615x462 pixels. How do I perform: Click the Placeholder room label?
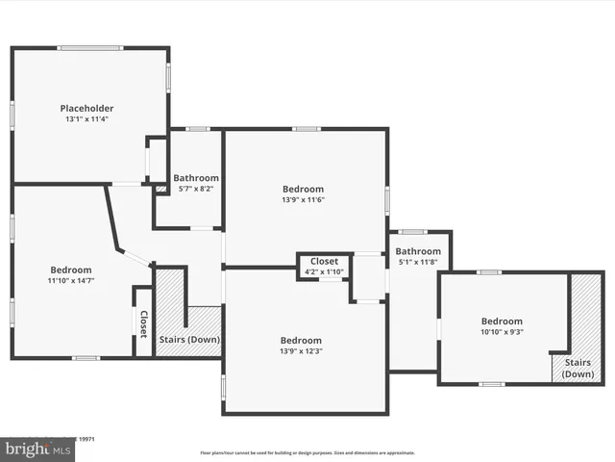87,108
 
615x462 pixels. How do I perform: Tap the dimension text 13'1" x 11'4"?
87,120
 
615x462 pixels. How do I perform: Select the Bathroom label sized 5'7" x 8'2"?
196,178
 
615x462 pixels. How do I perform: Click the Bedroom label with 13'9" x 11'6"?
303,189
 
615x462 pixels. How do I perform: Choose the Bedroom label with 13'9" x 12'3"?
301,340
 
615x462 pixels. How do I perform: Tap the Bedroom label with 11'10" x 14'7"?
71,269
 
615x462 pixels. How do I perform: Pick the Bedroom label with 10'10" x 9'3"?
502,321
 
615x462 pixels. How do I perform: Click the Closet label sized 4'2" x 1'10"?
324,261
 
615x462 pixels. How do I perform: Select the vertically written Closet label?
143,323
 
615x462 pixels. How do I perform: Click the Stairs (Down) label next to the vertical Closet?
188,339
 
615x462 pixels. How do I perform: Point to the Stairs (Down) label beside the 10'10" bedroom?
578,368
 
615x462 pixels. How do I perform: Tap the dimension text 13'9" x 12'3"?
301,352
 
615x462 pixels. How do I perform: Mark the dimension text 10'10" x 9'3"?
502,332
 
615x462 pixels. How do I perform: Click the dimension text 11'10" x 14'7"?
71,281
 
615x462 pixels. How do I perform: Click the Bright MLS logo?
38,449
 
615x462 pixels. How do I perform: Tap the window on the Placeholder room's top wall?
89,47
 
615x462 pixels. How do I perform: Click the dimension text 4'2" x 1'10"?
324,271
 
